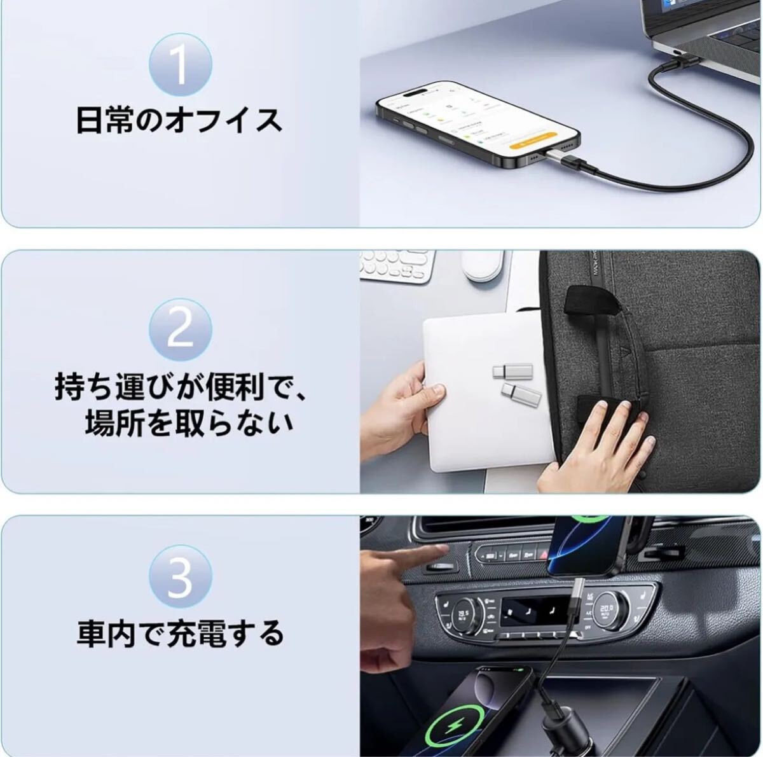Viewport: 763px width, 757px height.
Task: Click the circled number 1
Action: pyautogui.click(x=180, y=65)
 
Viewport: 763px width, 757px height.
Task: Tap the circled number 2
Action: pyautogui.click(x=180, y=330)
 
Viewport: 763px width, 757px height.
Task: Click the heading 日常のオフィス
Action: pyautogui.click(x=179, y=121)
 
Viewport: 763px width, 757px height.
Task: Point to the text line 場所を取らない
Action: pyautogui.click(x=189, y=424)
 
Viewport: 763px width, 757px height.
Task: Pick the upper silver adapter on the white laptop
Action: pyautogui.click(x=512, y=371)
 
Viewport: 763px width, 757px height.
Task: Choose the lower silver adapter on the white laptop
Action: pyautogui.click(x=521, y=394)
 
